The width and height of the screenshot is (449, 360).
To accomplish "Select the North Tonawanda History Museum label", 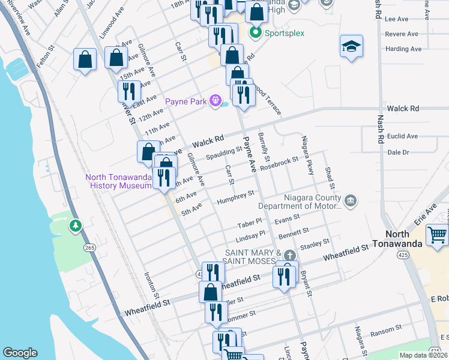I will click(x=118, y=181).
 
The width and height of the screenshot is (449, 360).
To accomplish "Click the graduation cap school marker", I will click(x=351, y=47).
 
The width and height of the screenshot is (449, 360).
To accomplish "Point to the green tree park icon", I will click(x=76, y=226).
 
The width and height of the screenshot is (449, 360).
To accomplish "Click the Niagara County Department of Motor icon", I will click(x=351, y=200).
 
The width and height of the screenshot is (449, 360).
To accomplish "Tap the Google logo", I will click(x=20, y=353).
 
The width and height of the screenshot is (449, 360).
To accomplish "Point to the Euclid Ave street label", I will click(x=402, y=136).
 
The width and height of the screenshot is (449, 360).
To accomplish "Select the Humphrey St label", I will click(x=236, y=197).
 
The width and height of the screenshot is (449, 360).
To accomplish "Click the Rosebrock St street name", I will click(x=280, y=163).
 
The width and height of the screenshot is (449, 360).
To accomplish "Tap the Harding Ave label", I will click(x=402, y=49).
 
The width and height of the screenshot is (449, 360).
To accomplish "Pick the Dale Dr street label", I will click(x=398, y=152).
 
